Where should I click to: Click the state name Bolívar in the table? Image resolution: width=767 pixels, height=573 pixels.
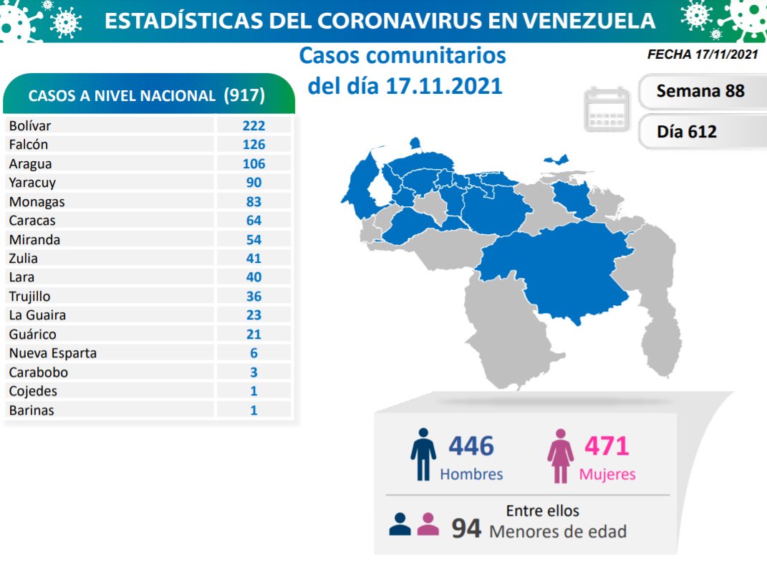30,125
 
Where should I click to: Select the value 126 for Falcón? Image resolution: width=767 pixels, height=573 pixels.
253,145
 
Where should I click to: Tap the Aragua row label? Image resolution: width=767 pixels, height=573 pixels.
30,163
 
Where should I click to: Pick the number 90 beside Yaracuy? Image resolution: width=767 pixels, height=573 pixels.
253,183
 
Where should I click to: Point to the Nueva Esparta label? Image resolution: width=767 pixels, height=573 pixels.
52,353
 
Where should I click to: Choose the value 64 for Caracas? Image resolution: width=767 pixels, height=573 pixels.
253,221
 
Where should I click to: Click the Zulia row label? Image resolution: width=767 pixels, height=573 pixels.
24,259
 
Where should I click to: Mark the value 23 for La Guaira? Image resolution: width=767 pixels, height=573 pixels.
253,315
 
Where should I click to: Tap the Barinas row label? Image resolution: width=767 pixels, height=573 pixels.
32,410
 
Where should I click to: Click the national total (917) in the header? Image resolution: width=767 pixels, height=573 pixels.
244,95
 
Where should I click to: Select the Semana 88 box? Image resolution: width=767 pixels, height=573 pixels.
700,91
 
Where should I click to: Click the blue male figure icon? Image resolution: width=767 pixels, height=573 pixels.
423,455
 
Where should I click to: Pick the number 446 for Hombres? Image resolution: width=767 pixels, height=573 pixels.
471,446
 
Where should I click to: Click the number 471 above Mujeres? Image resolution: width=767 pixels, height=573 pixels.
607,446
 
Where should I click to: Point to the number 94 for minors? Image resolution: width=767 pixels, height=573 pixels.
466,529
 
